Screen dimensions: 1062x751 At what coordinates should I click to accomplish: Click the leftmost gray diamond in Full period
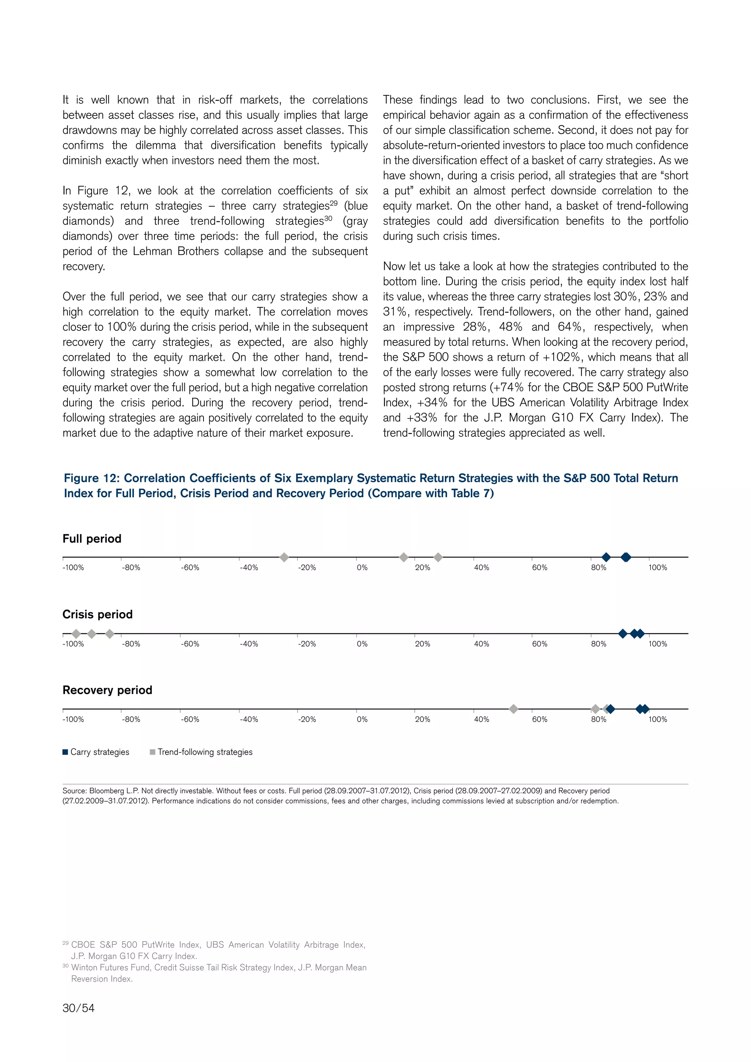point(285,557)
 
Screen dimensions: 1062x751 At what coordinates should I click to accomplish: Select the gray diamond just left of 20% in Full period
point(404,557)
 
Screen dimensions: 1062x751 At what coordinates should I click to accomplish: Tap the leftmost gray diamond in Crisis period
point(76,634)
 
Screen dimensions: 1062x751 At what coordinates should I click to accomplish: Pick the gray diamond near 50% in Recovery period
point(513,709)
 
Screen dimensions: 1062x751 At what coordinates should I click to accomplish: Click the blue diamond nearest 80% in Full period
point(606,557)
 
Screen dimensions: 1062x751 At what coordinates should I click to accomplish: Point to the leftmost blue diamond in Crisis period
point(623,634)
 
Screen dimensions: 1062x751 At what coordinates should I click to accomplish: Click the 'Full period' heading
point(92,539)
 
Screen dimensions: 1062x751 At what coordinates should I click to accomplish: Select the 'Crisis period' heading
point(98,614)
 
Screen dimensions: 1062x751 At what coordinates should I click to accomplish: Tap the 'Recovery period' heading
point(107,690)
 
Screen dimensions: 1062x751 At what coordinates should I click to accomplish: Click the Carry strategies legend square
point(65,752)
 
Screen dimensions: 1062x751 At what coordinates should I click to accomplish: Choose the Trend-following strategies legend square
point(153,752)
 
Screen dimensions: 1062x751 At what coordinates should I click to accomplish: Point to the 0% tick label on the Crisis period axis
point(362,644)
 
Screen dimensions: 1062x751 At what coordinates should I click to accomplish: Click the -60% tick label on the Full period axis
point(190,568)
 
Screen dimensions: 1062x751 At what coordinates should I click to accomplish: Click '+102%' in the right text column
point(561,357)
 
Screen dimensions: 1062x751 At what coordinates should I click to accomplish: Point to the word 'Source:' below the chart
point(74,791)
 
